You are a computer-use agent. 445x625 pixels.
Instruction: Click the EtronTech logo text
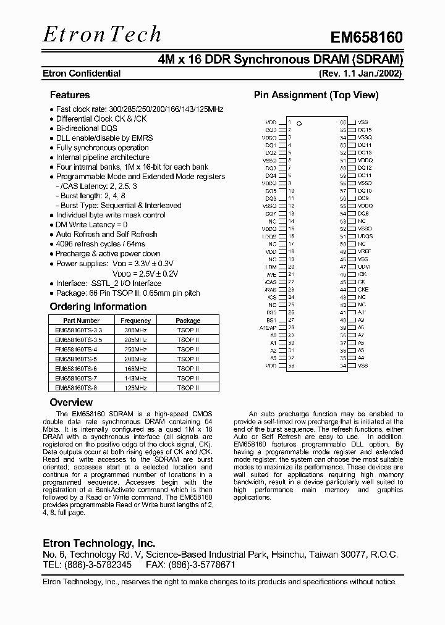tap(102, 35)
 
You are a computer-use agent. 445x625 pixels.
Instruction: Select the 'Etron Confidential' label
tap(81, 73)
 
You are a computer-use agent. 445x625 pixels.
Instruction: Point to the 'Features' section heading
tap(69, 95)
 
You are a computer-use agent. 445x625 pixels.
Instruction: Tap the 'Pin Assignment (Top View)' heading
tap(316, 95)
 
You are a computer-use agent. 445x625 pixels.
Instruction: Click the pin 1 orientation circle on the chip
tap(299, 124)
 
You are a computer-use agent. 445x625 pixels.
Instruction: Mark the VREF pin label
tap(365, 252)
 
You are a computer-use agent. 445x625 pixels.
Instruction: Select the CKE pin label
tap(363, 290)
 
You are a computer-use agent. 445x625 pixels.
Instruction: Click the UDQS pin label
tap(365, 237)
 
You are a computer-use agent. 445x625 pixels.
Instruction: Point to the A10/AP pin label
tap(269, 328)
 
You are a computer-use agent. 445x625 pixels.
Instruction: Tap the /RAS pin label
tap(270, 290)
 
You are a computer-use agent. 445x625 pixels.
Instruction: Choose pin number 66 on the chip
tap(343, 122)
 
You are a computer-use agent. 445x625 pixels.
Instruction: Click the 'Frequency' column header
tap(135, 321)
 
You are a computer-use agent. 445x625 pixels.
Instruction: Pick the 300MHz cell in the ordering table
tap(135, 330)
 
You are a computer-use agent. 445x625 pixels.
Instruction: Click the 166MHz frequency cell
tap(135, 369)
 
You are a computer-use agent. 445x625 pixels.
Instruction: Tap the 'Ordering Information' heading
tap(98, 307)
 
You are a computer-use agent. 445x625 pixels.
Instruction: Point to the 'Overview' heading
tap(70, 403)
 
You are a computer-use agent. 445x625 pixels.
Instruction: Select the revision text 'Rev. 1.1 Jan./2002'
tap(360, 73)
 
